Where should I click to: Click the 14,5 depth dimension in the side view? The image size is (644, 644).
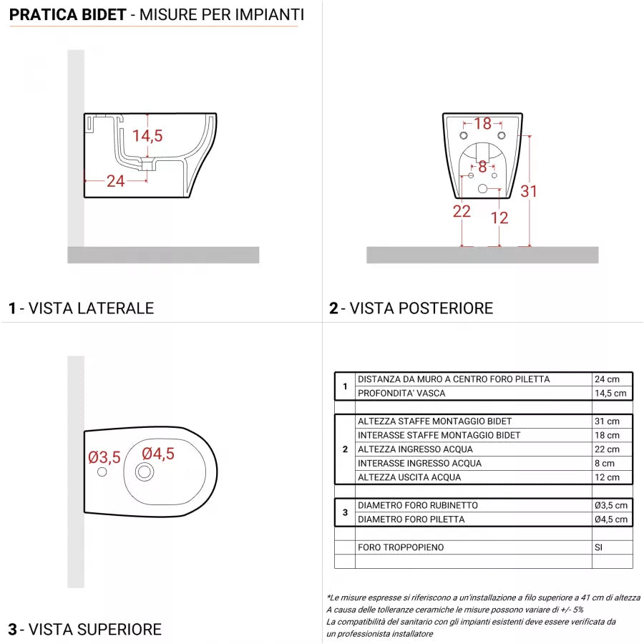point(147,136)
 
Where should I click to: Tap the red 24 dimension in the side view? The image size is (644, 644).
point(116,181)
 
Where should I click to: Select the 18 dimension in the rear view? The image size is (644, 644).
point(483,124)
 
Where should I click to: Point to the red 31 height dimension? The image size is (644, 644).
point(529,191)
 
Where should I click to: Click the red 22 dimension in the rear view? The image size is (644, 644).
point(462,211)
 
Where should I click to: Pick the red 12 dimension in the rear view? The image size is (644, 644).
point(499,218)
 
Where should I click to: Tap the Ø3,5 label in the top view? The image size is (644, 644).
point(104,457)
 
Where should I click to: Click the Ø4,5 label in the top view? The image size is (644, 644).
point(158,454)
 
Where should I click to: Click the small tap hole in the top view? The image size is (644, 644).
point(102,472)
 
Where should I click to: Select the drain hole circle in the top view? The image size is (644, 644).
point(145,471)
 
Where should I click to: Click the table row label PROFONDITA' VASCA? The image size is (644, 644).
point(401,394)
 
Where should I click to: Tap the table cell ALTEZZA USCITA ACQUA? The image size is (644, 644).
point(409,477)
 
